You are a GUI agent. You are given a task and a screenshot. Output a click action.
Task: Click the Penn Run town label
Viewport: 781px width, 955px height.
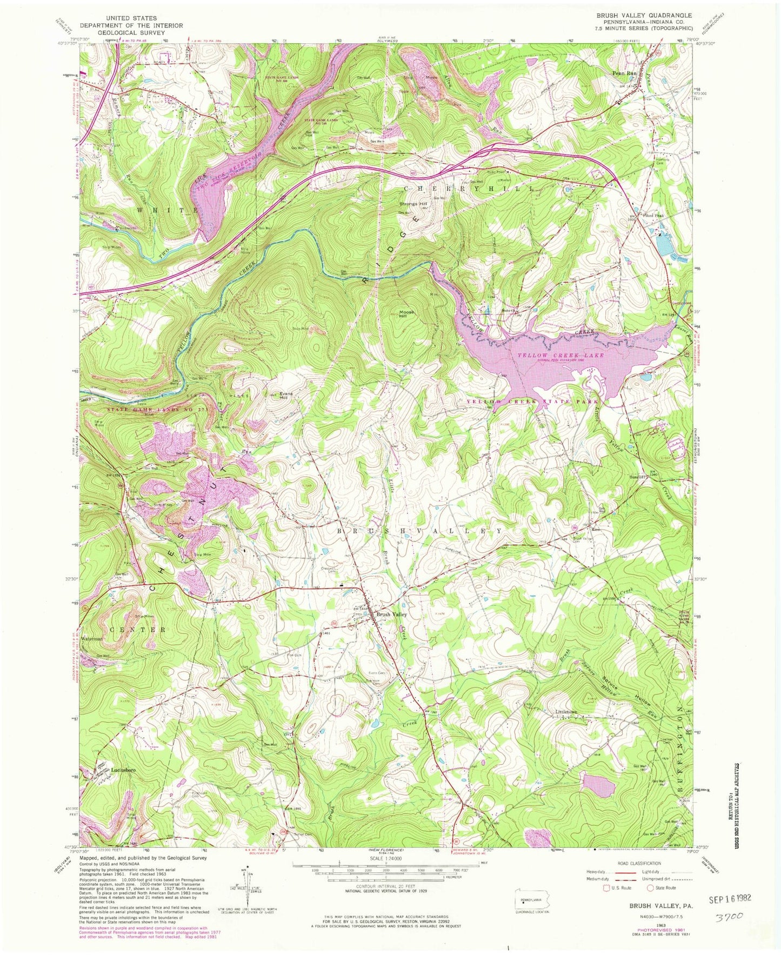pyautogui.click(x=624, y=73)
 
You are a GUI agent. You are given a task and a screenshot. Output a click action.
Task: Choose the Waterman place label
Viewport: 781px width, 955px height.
pyautogui.click(x=91, y=639)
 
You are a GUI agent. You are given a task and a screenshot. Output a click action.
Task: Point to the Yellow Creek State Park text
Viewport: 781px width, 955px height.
pyautogui.click(x=533, y=402)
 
